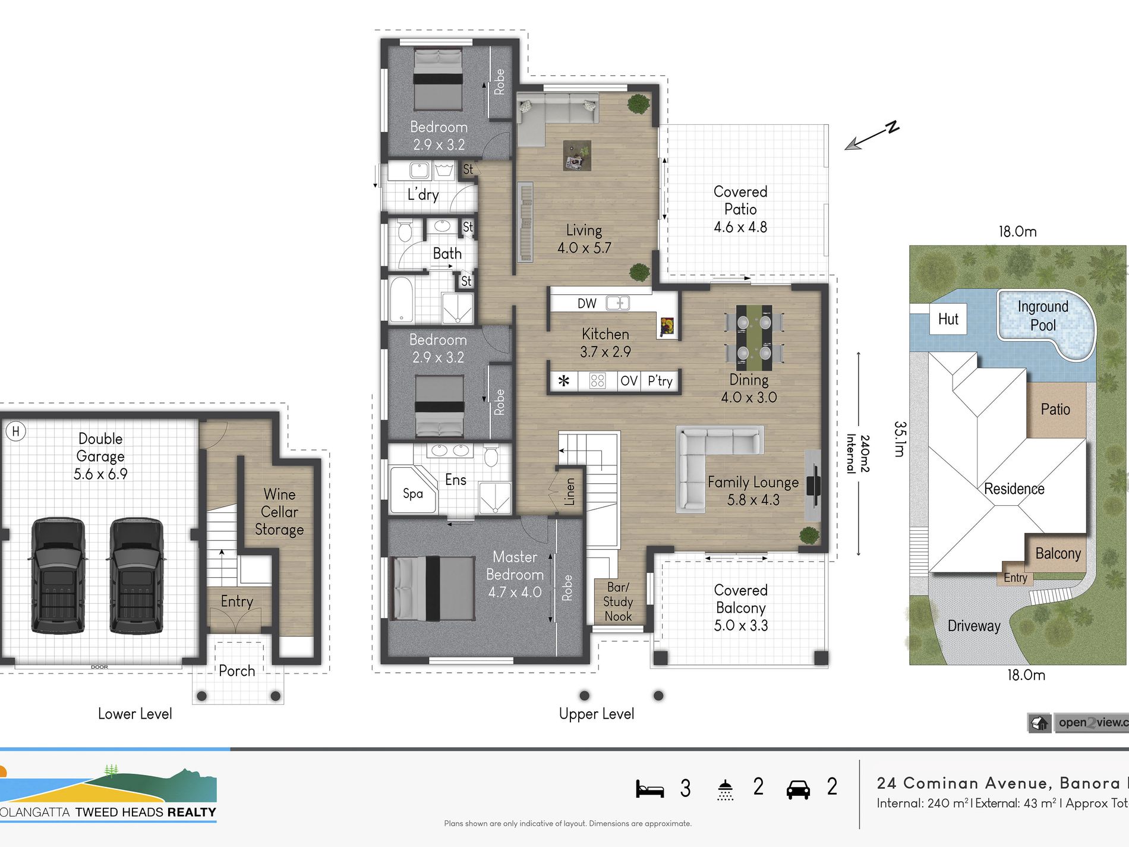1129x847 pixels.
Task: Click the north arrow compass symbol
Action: pyautogui.click(x=872, y=136)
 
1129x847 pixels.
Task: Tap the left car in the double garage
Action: pyautogui.click(x=58, y=575)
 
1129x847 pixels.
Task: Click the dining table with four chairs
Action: pyautogui.click(x=753, y=338)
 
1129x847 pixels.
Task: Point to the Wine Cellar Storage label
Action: pyautogui.click(x=279, y=512)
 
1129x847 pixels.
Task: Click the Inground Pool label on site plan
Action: pyautogui.click(x=1043, y=316)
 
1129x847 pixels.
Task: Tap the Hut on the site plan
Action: pyautogui.click(x=948, y=319)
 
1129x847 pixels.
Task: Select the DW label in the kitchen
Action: pyautogui.click(x=586, y=304)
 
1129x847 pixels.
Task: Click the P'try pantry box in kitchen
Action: pyautogui.click(x=660, y=381)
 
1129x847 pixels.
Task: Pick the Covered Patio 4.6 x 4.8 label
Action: pyautogui.click(x=740, y=209)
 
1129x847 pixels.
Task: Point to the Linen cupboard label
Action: pyautogui.click(x=569, y=492)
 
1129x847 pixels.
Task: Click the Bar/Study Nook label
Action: pyautogui.click(x=618, y=602)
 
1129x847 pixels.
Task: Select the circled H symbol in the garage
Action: pyautogui.click(x=16, y=432)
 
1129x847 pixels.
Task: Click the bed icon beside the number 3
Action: pyautogui.click(x=649, y=789)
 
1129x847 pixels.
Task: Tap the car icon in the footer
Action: pyautogui.click(x=798, y=789)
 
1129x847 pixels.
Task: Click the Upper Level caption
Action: pyautogui.click(x=597, y=714)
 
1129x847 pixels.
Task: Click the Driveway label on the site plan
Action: pyautogui.click(x=974, y=626)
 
